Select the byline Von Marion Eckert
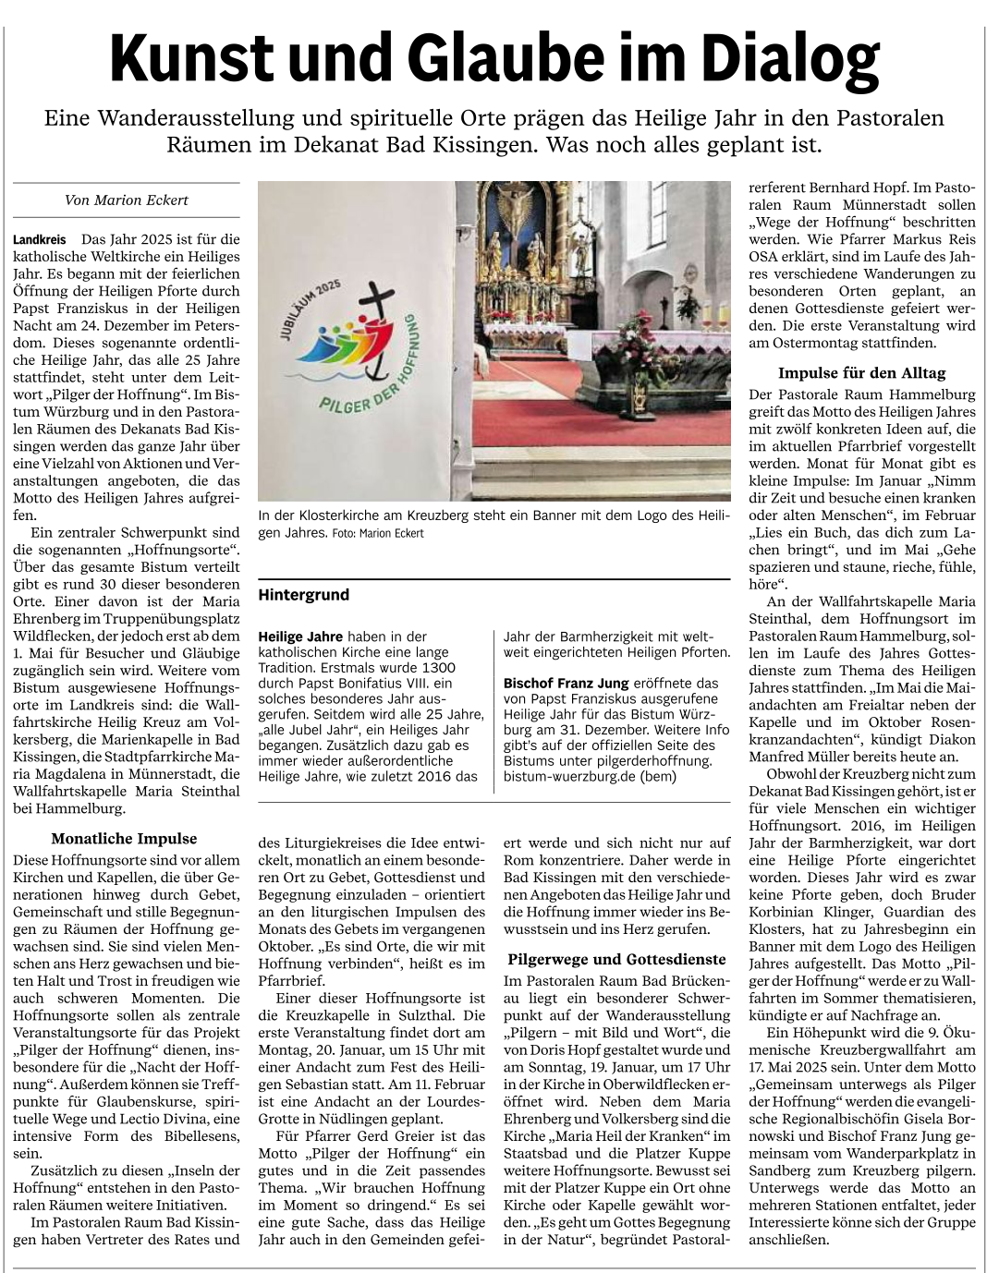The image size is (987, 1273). coord(127,200)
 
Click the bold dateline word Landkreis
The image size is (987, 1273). coord(40,240)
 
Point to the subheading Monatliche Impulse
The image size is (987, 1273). coord(124,839)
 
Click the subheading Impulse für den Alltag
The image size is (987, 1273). coord(861,373)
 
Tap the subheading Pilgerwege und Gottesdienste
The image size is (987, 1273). coord(616,959)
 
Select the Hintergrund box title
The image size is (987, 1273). coord(304,595)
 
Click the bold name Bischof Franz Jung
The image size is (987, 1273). coord(565,684)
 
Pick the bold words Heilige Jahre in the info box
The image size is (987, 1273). coord(300,636)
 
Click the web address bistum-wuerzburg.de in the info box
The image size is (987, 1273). coord(565,777)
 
